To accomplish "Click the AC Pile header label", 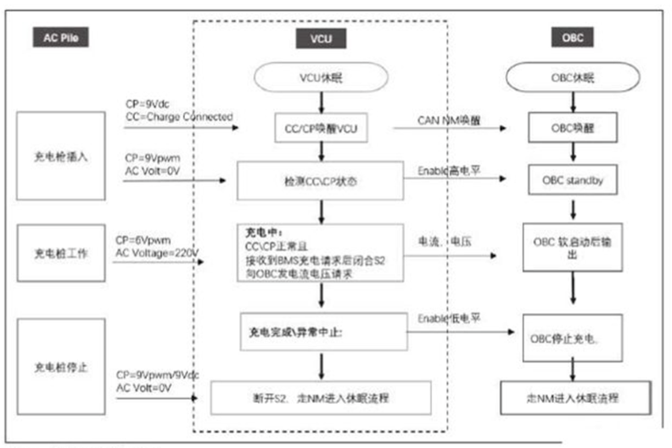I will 60,37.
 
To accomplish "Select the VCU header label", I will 320,38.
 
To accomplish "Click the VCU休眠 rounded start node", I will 320,79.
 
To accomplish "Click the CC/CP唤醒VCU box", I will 320,128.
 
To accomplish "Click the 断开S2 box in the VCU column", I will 320,396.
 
